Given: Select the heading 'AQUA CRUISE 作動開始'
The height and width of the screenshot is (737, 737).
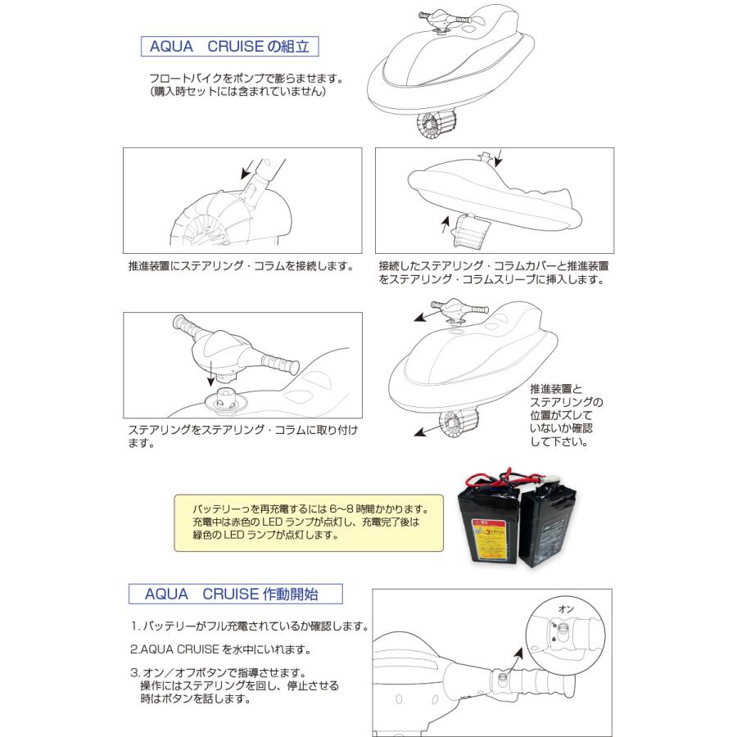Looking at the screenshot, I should [x=235, y=593].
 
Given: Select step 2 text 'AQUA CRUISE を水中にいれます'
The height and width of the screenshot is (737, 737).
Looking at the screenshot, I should [x=220, y=650].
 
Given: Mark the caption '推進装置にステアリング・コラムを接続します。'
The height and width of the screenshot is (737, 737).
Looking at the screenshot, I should [x=241, y=267].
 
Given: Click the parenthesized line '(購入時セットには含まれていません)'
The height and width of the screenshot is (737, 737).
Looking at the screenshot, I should [x=238, y=93].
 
